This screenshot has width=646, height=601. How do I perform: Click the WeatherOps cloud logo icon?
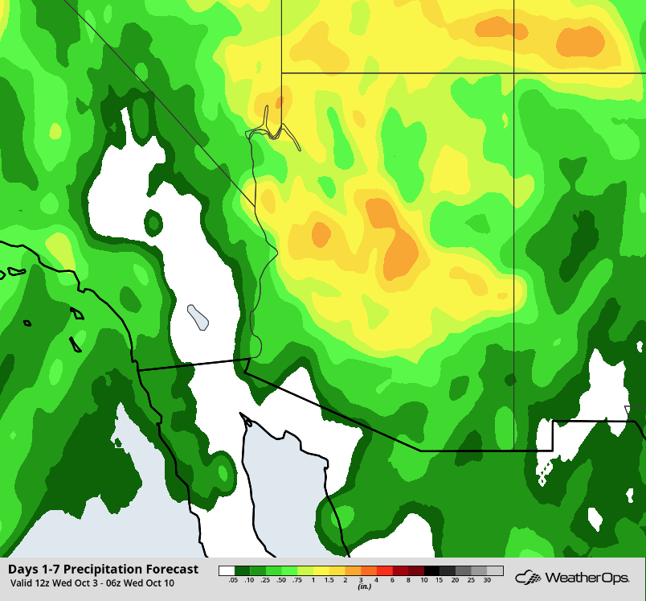[x=528, y=577]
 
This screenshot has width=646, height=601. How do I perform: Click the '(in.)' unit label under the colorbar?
[x=361, y=587]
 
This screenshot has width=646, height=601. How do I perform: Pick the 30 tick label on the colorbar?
[x=488, y=579]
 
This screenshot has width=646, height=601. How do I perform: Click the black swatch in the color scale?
[x=432, y=570]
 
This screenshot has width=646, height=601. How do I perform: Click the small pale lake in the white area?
[x=198, y=316]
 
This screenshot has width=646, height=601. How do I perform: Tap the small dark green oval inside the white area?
[x=153, y=221]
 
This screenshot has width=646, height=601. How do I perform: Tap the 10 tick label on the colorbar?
[x=424, y=579]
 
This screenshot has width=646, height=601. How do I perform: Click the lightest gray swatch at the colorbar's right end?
[x=495, y=570]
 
